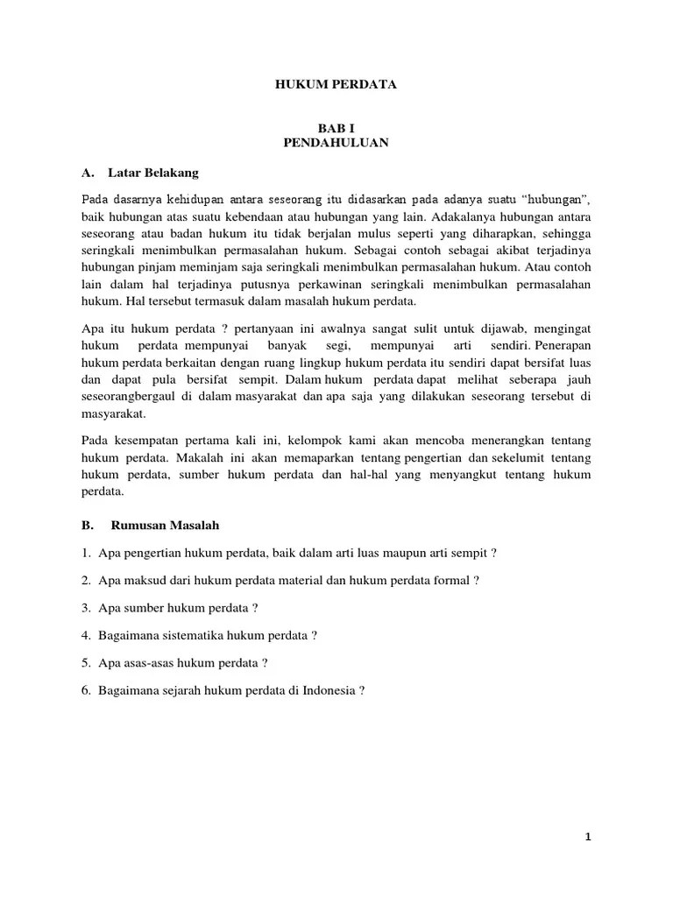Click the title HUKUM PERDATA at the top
point(336,85)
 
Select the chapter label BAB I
point(336,128)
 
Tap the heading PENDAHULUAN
point(336,143)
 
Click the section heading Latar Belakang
point(154,172)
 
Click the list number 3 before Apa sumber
point(88,607)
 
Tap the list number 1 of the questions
point(88,553)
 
